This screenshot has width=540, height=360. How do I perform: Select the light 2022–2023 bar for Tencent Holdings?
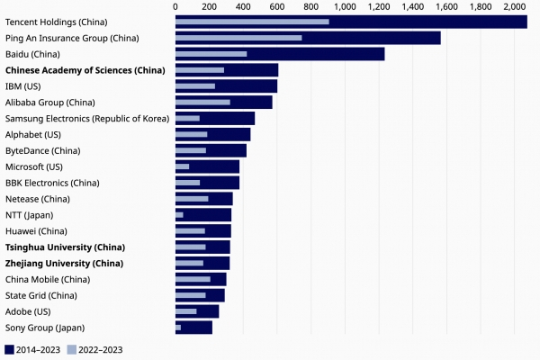[252, 22]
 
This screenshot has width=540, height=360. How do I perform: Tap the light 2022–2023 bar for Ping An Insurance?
[238, 38]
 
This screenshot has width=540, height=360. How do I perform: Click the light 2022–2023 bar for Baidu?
[211, 54]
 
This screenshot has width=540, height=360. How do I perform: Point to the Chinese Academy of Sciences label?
[85, 70]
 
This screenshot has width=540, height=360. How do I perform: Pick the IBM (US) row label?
[24, 86]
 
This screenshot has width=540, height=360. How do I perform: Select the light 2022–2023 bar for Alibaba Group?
[202, 103]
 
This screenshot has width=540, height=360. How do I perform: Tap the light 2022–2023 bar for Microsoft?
[182, 166]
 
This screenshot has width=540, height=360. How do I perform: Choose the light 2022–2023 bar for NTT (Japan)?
[179, 215]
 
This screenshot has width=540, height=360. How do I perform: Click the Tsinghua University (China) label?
[65, 247]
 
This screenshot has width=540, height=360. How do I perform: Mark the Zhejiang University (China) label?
[64, 263]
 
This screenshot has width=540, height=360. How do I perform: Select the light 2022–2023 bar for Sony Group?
[178, 328]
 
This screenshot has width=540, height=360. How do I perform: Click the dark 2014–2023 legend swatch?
[10, 349]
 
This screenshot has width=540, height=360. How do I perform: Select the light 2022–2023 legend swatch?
[72, 349]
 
